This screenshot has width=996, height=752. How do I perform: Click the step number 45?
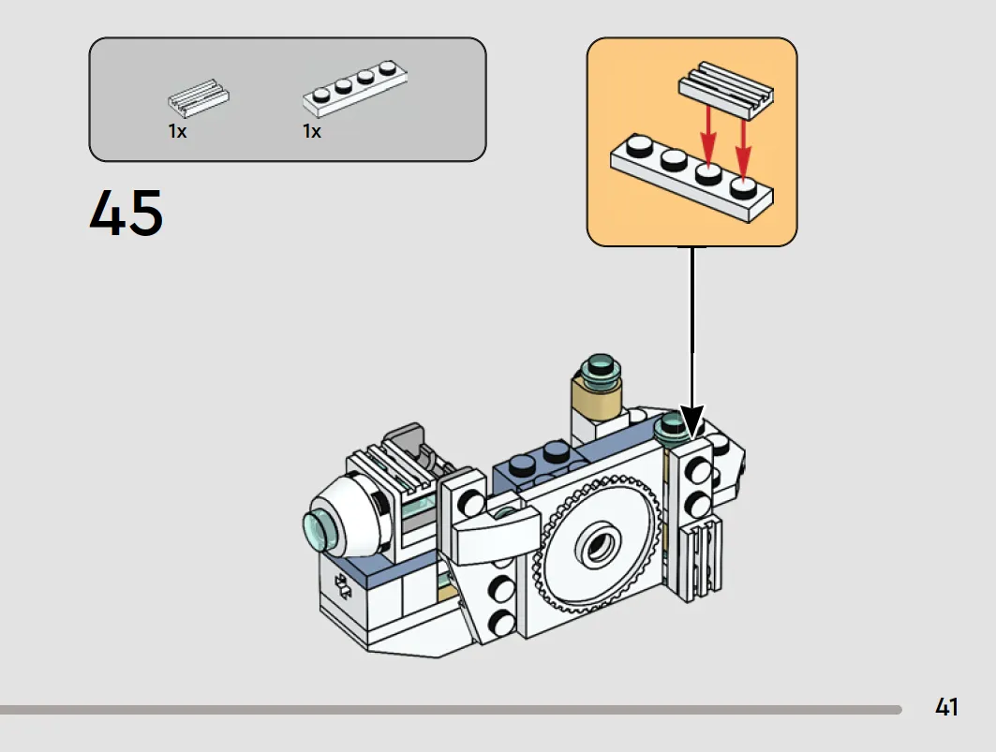click(126, 213)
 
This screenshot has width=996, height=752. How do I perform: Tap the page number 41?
click(946, 707)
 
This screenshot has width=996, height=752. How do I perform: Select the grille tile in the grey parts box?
click(199, 98)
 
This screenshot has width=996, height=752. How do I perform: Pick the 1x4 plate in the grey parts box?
click(355, 88)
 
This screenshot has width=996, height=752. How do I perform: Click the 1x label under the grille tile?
click(177, 131)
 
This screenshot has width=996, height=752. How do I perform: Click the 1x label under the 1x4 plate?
click(312, 131)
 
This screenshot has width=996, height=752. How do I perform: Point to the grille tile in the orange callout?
click(726, 90)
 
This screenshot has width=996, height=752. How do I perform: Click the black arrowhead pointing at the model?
click(691, 421)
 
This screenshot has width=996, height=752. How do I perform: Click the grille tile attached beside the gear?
click(701, 560)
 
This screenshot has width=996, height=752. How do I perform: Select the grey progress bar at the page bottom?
click(451, 710)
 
